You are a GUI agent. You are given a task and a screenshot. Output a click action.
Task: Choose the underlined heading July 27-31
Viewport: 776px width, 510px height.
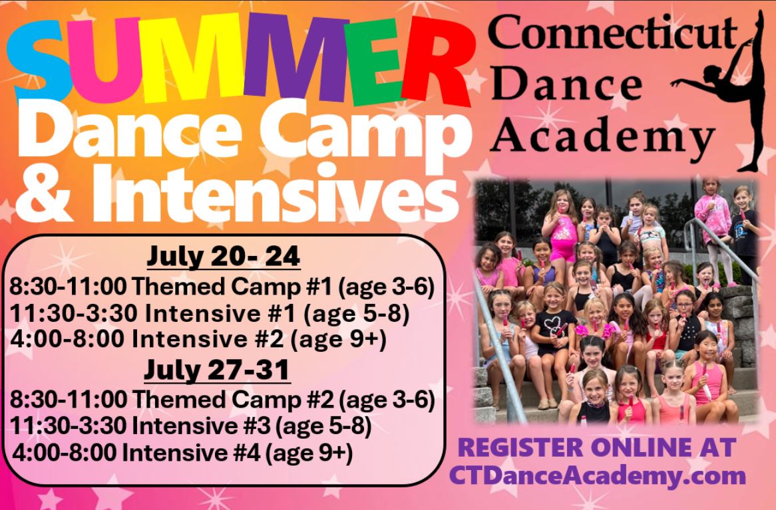(x=217, y=370)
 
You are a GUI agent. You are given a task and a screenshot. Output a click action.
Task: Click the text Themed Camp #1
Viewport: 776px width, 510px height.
(x=233, y=287)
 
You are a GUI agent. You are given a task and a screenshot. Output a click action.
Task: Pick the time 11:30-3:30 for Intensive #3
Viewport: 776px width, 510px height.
(x=69, y=426)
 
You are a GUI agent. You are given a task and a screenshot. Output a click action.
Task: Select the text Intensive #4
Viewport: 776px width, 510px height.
(x=191, y=451)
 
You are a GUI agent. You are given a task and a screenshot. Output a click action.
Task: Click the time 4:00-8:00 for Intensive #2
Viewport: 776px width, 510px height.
(x=67, y=339)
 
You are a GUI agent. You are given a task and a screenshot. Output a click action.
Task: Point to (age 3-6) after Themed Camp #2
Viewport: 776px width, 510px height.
(x=387, y=400)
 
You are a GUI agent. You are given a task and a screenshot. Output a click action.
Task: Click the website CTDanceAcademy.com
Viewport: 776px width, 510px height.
(x=598, y=476)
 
